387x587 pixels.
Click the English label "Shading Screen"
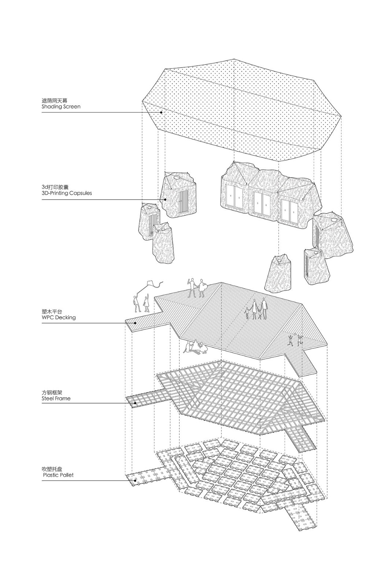pos(61,107)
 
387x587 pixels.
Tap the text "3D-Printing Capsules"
pos(67,193)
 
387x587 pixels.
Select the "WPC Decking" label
pos(59,317)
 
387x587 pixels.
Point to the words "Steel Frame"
pos(56,398)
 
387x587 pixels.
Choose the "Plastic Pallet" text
pos(58,475)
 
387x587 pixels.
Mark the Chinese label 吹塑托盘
pos(52,468)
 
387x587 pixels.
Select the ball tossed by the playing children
pos(293,334)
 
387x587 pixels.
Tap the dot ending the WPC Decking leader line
pos(136,323)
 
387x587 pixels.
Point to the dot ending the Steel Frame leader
pos(135,404)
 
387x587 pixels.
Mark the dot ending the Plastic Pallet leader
pos(135,480)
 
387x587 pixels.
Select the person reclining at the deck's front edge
pos(194,347)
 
